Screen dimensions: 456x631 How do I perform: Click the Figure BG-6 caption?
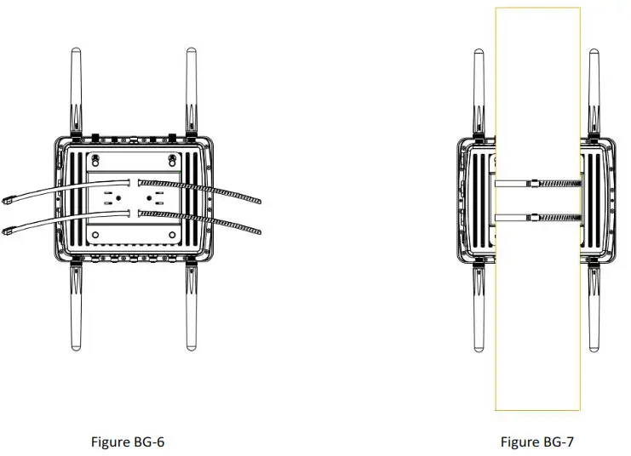click(127, 442)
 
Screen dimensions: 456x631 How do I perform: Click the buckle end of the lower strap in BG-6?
click(9, 227)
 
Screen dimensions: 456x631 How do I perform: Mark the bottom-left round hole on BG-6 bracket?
click(96, 234)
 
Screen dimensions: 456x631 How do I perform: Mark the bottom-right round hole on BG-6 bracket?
click(173, 234)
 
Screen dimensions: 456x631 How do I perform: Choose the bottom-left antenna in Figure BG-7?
click(479, 311)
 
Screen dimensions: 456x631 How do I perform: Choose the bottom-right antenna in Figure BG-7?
click(595, 311)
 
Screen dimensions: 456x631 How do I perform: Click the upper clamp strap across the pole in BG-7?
click(536, 182)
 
